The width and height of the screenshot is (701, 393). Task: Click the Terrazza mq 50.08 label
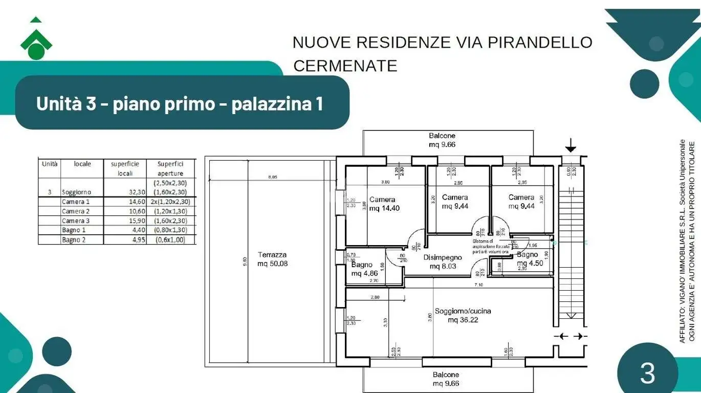click(x=272, y=259)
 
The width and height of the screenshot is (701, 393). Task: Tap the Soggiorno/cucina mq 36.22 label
click(x=456, y=315)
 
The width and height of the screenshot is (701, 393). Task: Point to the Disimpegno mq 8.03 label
click(x=443, y=261)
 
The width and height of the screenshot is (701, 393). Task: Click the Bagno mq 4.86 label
click(x=363, y=269)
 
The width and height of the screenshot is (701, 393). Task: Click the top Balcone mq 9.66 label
click(x=442, y=140)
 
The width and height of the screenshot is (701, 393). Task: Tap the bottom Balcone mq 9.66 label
click(x=445, y=379)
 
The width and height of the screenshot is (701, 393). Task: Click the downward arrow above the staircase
click(x=570, y=147)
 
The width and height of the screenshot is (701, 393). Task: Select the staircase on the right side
click(x=569, y=256)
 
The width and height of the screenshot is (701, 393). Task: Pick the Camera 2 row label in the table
click(x=73, y=211)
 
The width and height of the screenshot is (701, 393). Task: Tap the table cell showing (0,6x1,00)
click(x=170, y=239)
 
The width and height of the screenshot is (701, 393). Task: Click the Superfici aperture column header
click(x=170, y=169)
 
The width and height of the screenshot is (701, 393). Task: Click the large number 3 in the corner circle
click(x=647, y=374)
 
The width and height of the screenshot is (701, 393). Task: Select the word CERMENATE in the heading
click(x=345, y=66)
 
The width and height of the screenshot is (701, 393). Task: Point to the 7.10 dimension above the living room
click(x=479, y=285)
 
